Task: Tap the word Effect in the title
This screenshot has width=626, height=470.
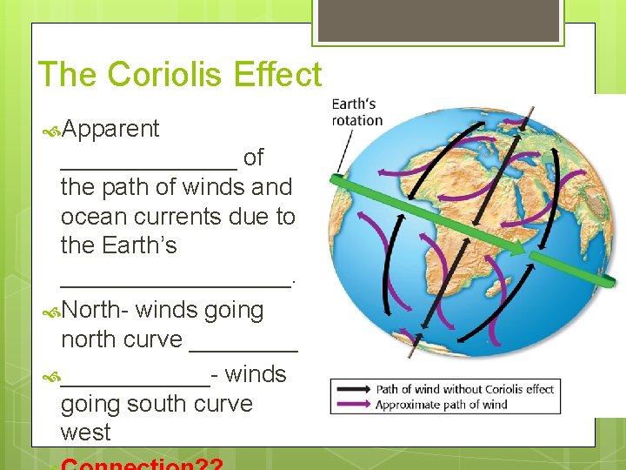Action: pyautogui.click(x=279, y=75)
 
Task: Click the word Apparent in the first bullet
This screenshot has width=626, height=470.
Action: pyautogui.click(x=110, y=130)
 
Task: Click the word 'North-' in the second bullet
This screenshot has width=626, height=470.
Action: pyautogui.click(x=96, y=311)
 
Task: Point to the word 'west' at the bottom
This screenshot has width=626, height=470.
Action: pyautogui.click(x=85, y=433)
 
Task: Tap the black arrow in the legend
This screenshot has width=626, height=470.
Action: pyautogui.click(x=352, y=389)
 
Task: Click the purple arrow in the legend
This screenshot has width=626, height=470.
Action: pyautogui.click(x=352, y=404)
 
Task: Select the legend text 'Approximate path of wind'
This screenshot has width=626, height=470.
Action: pyautogui.click(x=441, y=404)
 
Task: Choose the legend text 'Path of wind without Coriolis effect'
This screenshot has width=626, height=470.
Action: pyautogui.click(x=464, y=389)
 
